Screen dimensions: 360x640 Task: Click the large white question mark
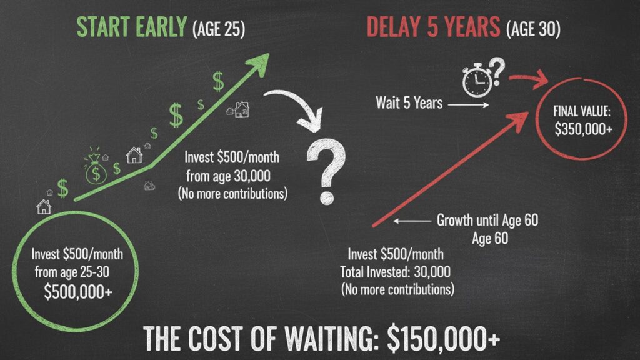[x=325, y=171]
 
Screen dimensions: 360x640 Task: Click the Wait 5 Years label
[x=409, y=102]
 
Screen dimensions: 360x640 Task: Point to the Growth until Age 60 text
[x=487, y=220]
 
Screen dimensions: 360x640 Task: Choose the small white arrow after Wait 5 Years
[x=469, y=104]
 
